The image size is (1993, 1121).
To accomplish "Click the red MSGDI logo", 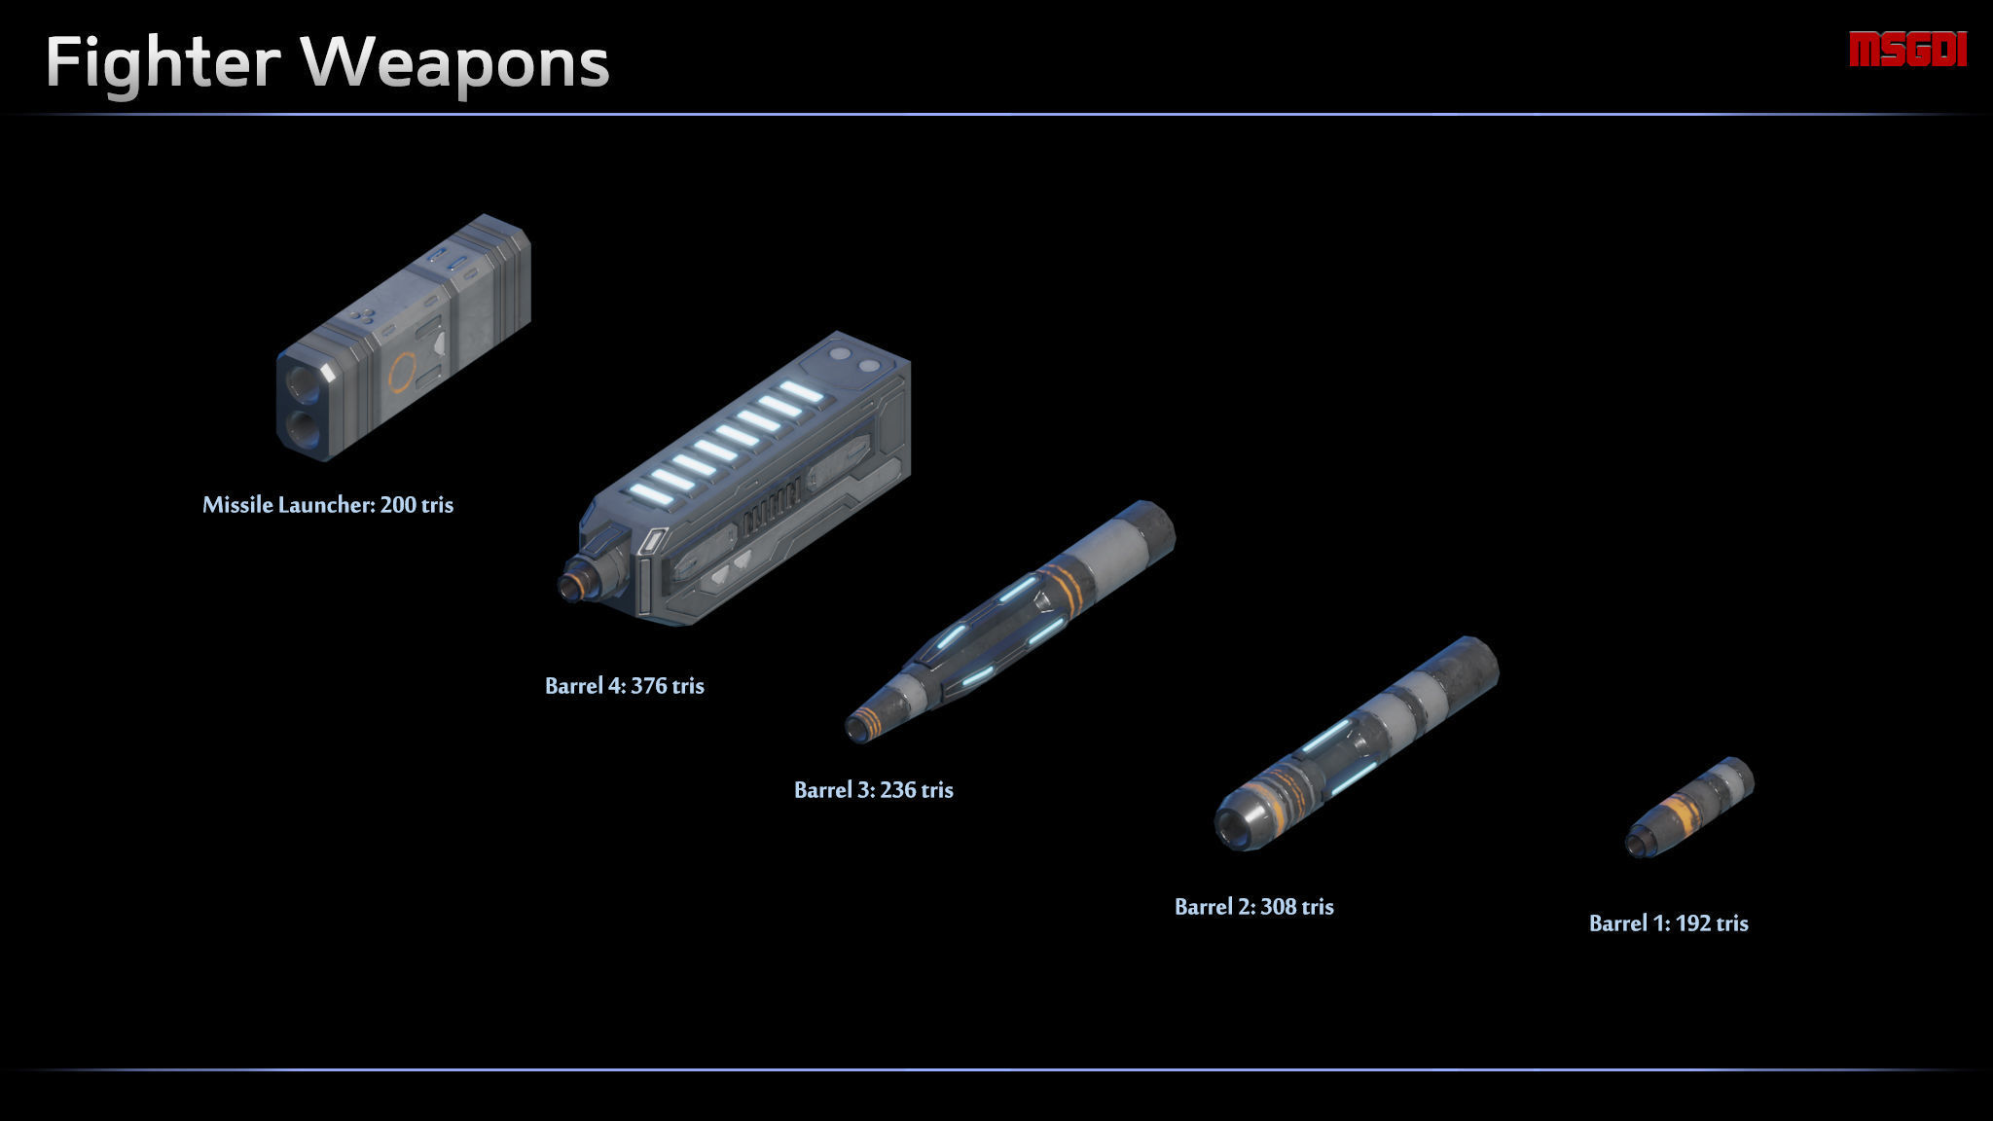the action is [1907, 50].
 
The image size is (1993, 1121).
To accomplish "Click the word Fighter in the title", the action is [163, 62].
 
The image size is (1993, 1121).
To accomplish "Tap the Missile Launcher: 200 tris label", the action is [328, 504].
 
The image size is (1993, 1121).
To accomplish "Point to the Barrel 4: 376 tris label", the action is [625, 685].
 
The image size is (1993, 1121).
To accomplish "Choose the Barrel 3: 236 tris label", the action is [874, 789].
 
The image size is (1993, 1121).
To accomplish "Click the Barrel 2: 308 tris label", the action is [1254, 906].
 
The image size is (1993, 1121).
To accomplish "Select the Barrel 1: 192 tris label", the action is [1669, 922].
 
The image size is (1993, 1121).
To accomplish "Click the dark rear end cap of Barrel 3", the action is [1156, 531].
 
